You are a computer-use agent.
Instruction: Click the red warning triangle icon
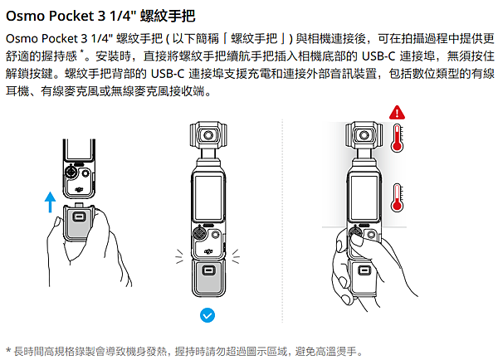click(x=399, y=112)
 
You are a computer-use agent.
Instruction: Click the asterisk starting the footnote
click(x=7, y=350)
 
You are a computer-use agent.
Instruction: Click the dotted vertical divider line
click(x=283, y=224)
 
